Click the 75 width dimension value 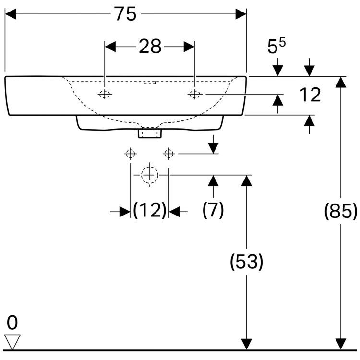[125, 14]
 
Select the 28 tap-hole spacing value [150, 47]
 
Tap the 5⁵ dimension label [276, 46]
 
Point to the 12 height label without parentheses [310, 95]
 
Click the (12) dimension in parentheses [150, 210]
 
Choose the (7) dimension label [213, 210]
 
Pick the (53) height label [247, 262]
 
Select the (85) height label [341, 210]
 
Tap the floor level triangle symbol [12, 341]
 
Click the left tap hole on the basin [105, 95]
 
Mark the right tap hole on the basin [194, 95]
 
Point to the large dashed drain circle [150, 175]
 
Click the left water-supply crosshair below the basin [130, 154]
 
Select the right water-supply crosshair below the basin [169, 154]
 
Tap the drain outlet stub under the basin [150, 132]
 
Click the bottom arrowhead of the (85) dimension [341, 344]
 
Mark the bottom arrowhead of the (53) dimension [247, 344]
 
